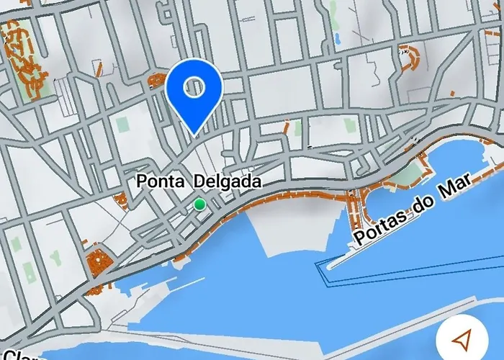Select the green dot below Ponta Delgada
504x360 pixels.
[199, 205]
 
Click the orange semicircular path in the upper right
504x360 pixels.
[410, 58]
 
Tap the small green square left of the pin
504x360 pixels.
[121, 125]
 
